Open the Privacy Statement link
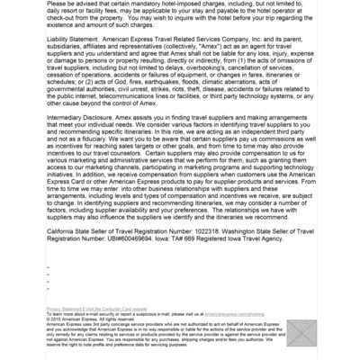tap(63, 309)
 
